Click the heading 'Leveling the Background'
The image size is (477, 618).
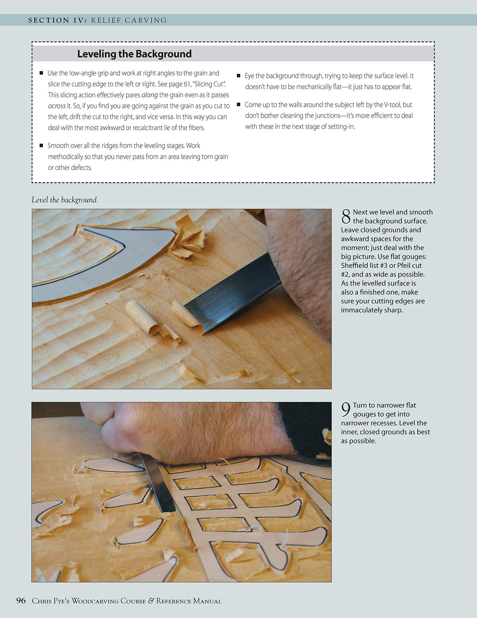(x=134, y=54)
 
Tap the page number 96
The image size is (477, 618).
(x=21, y=600)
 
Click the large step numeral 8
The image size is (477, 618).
(x=346, y=217)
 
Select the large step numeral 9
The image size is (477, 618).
(x=346, y=410)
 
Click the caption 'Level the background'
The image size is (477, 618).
(x=64, y=200)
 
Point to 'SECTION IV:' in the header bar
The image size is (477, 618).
(x=57, y=20)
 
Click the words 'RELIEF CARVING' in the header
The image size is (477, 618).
(x=129, y=20)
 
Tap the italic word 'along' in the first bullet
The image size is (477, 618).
(x=149, y=95)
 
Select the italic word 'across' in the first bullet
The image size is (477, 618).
(x=57, y=106)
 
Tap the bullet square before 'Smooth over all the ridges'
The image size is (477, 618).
(x=41, y=146)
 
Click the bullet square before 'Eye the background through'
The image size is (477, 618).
(x=238, y=76)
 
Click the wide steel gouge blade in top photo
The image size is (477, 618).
(x=236, y=293)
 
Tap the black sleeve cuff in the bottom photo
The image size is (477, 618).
(x=306, y=429)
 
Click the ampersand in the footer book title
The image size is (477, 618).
(x=151, y=601)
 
